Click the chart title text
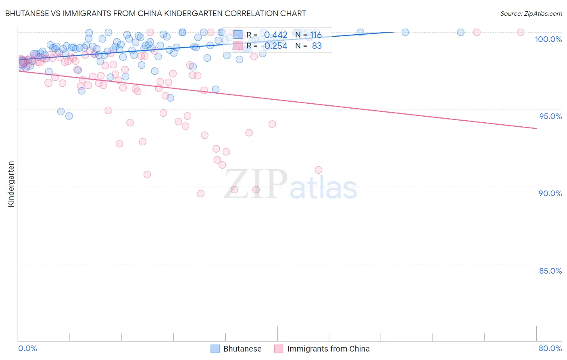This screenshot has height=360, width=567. [x=156, y=13]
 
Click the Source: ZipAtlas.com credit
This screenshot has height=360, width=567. [x=531, y=13]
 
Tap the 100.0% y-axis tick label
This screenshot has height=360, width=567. [x=548, y=39]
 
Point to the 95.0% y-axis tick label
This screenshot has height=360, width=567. [x=550, y=116]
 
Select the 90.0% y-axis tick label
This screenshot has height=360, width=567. [x=550, y=193]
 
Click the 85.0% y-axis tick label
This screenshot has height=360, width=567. [x=550, y=271]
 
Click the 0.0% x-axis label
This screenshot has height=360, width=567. [x=27, y=348]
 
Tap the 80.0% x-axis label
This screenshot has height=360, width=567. [x=550, y=348]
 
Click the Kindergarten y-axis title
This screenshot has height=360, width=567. [x=11, y=184]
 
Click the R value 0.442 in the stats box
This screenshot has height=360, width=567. [x=276, y=35]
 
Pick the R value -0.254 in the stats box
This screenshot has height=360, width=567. [x=274, y=46]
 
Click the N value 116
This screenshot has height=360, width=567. [x=316, y=35]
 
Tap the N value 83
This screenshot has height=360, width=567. [x=317, y=46]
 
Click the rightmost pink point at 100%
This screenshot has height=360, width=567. [x=521, y=32]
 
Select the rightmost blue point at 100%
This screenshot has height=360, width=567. [x=461, y=32]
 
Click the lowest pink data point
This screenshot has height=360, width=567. [x=200, y=194]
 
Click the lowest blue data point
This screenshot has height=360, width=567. [x=69, y=116]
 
